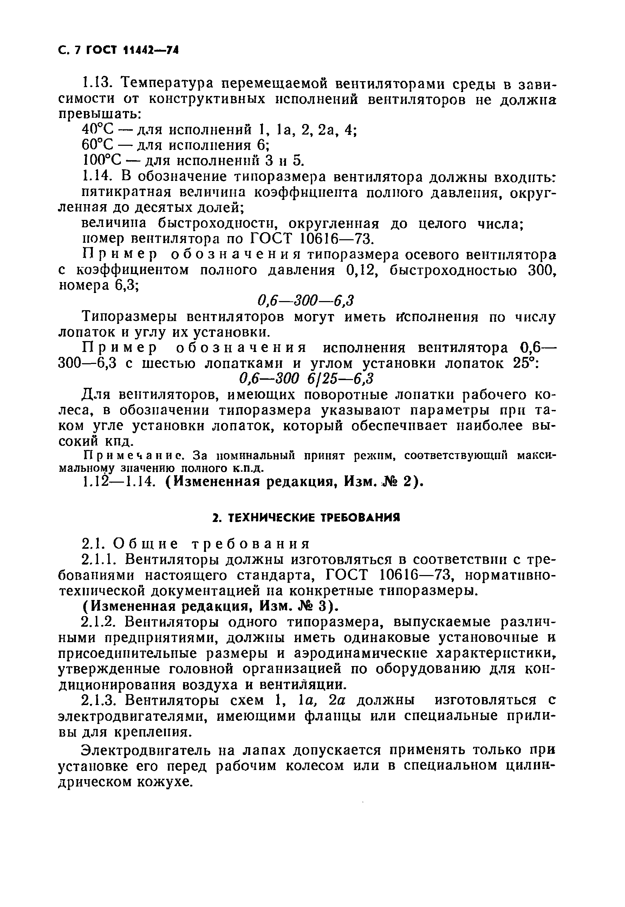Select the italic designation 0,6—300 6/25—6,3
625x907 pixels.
point(306,379)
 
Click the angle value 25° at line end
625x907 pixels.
point(526,363)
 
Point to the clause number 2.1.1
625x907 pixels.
point(100,559)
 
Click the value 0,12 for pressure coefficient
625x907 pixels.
point(362,270)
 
